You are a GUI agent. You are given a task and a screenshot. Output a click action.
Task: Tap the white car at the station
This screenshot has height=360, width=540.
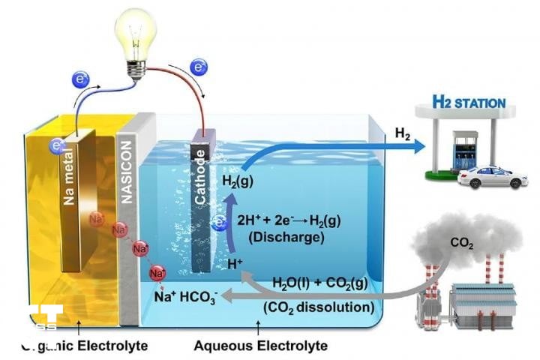[x=492, y=177]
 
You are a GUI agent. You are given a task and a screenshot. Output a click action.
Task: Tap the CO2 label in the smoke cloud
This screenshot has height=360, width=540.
[x=460, y=243]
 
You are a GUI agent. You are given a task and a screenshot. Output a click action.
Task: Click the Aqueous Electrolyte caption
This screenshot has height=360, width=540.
[x=260, y=346]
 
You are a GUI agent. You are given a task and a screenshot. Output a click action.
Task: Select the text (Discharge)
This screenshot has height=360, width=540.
[x=278, y=238]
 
